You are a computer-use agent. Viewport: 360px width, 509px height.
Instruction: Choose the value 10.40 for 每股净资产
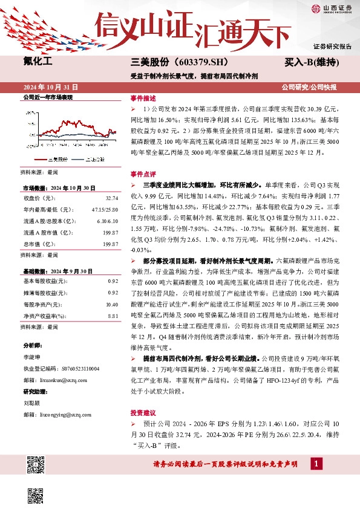(x=111, y=305)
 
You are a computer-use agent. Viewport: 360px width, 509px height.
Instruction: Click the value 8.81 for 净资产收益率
(x=112, y=315)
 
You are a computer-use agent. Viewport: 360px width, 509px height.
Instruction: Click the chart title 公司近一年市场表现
(x=48, y=97)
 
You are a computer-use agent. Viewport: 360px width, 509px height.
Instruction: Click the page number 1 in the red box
(x=315, y=463)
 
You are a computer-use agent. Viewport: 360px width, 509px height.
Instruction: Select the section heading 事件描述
(x=143, y=97)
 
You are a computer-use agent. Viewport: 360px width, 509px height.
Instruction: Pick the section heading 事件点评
(x=143, y=173)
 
